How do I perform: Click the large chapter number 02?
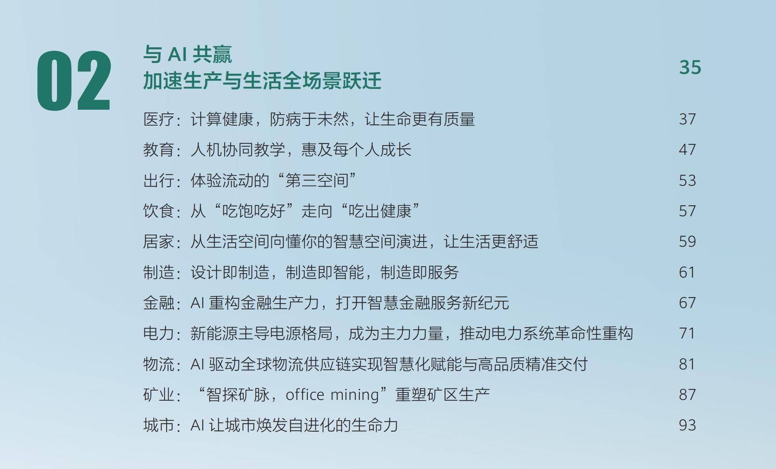[x=74, y=80]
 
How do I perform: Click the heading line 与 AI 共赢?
[x=187, y=54]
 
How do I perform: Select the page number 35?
[x=690, y=67]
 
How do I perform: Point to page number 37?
[x=687, y=119]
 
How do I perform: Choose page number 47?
[x=687, y=150]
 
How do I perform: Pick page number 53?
[x=687, y=180]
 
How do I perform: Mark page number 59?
[x=687, y=241]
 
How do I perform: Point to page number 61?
[x=687, y=272]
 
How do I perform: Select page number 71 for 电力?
[x=687, y=333]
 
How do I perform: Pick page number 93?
[x=687, y=425]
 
